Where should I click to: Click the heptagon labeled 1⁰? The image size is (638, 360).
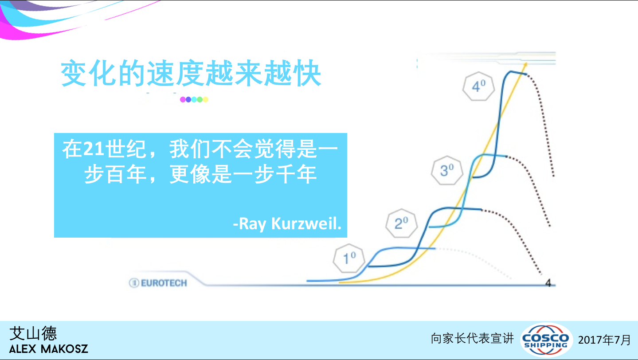point(349,258)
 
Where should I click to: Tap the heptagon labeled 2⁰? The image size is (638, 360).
point(402,223)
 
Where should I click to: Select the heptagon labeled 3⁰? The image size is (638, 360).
point(447,170)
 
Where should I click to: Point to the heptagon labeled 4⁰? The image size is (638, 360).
point(479,86)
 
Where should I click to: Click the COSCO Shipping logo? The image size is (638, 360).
point(546,340)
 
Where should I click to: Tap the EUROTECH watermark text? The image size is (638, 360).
point(164,283)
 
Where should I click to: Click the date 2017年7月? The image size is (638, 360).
point(604,340)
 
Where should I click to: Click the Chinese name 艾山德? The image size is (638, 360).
point(33,333)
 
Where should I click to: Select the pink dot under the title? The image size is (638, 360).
point(183,99)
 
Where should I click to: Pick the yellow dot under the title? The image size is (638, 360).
point(205,99)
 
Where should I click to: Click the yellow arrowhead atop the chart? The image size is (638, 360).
point(525,65)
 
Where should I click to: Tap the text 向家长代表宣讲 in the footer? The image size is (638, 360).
point(472,339)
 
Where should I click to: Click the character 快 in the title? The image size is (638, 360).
point(308,73)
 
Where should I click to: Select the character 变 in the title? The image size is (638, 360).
point(74,73)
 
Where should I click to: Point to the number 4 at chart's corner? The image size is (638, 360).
point(548,283)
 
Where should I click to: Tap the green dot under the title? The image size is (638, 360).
point(200,99)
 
